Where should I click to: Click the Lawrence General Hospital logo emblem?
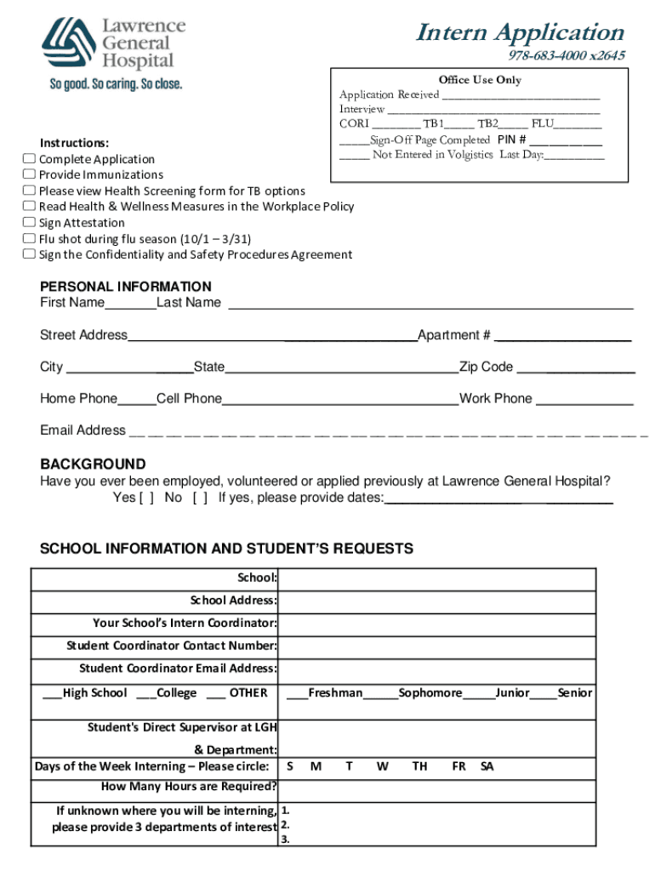[69, 46]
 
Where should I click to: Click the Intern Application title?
[520, 33]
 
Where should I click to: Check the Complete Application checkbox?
[29, 159]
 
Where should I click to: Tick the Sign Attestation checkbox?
[29, 223]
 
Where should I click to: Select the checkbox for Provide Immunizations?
[29, 175]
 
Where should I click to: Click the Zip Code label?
[487, 367]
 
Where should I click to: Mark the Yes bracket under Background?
[146, 498]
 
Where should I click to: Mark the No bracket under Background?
[200, 498]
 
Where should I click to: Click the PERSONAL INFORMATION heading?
[125, 287]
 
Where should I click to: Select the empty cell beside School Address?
[437, 601]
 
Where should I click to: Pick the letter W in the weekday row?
[383, 766]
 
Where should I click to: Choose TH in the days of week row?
[419, 766]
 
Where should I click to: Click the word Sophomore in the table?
[430, 693]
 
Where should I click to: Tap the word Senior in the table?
[575, 693]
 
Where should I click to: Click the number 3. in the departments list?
[285, 840]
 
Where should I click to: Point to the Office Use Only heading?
[481, 80]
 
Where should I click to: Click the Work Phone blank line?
[584, 401]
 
